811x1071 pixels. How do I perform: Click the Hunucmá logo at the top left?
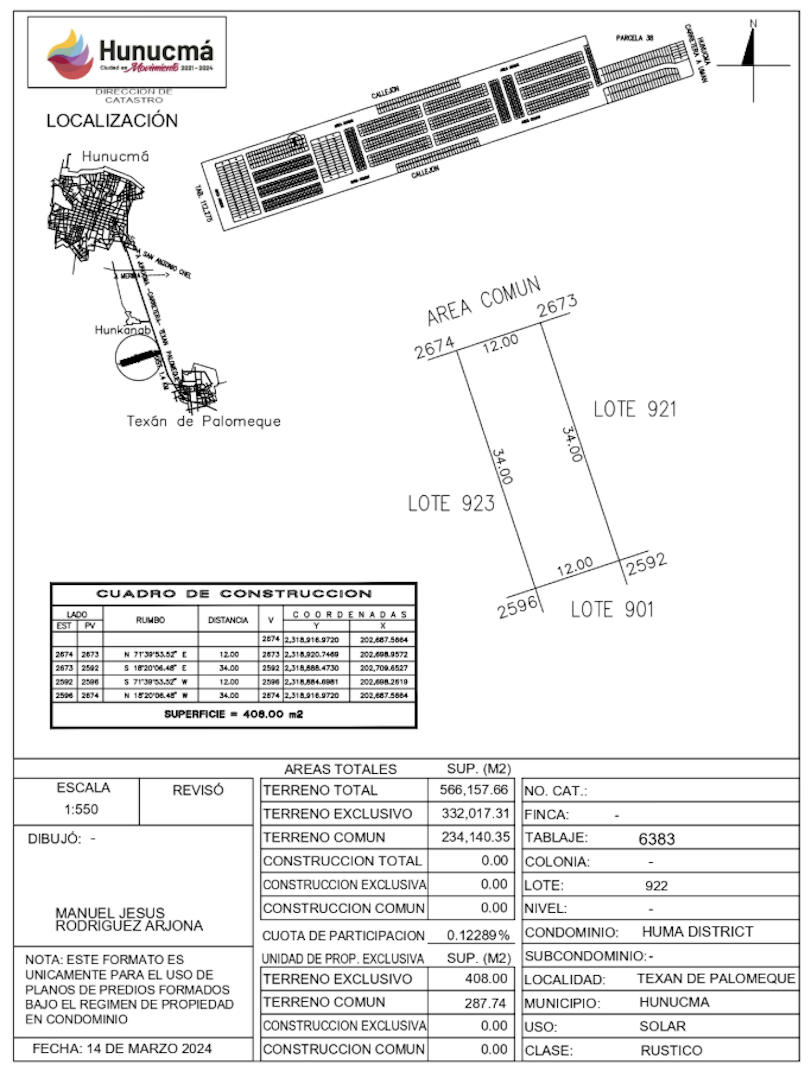127,52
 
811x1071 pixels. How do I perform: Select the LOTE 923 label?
451,504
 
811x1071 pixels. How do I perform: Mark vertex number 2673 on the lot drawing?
557,306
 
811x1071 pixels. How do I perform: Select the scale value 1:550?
81,809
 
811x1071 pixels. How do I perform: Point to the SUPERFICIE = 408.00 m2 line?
233,714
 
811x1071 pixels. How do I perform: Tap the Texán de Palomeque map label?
203,421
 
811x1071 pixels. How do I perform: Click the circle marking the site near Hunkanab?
138,358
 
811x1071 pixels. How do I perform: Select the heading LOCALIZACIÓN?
112,121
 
